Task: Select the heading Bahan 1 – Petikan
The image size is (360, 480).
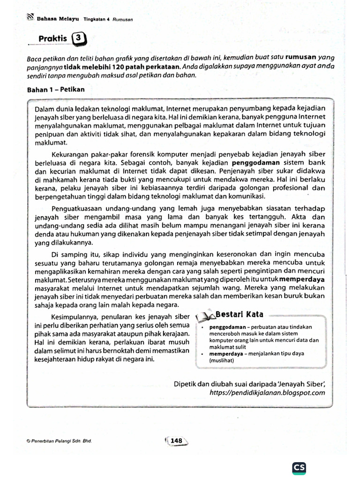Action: (x=56, y=89)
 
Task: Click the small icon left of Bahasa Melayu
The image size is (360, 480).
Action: (x=31, y=17)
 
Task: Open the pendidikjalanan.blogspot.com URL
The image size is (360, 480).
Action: (x=267, y=393)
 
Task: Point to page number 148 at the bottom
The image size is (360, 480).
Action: (x=176, y=441)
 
